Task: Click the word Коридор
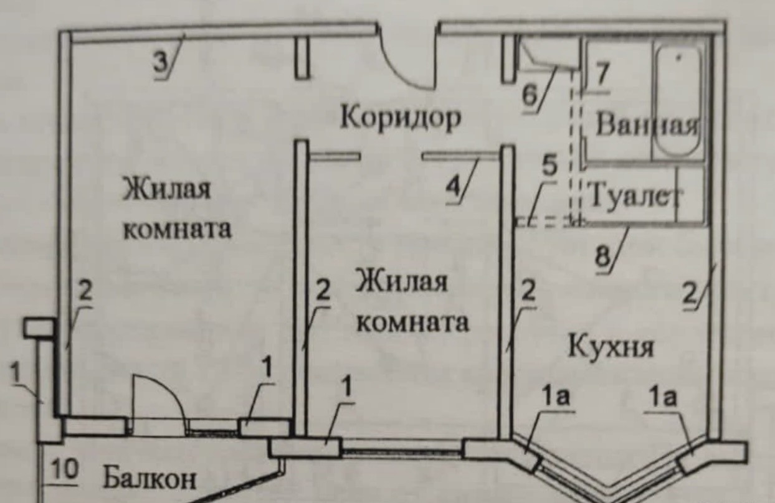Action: point(400,118)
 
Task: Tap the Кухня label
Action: point(611,346)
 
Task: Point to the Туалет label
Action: point(632,197)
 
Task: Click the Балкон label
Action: point(149,479)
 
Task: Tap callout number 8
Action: point(603,255)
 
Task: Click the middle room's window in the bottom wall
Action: point(402,446)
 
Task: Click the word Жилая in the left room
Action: point(166,189)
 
